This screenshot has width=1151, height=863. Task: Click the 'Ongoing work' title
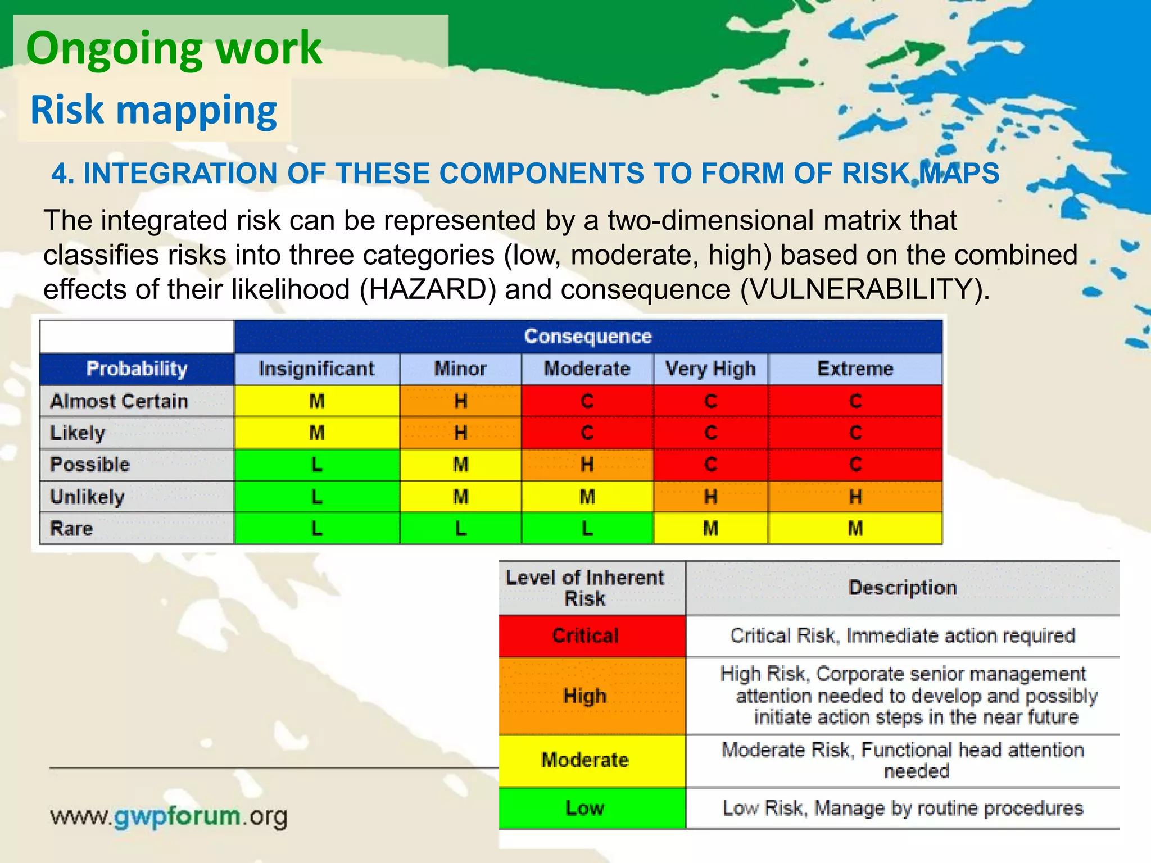(174, 48)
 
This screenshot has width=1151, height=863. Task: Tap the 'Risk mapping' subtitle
(153, 110)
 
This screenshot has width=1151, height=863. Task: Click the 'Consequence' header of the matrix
(588, 336)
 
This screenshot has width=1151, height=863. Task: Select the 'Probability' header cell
(137, 369)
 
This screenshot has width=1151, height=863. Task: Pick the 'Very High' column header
(710, 369)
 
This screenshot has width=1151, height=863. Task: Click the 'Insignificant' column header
(316, 369)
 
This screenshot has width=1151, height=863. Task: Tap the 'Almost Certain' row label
(119, 401)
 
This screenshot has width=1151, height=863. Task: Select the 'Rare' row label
(71, 528)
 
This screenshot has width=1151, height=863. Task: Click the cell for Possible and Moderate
(587, 465)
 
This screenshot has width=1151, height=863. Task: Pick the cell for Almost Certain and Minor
(460, 401)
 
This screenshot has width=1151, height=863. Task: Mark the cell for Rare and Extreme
(855, 528)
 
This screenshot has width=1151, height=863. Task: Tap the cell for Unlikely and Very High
(710, 497)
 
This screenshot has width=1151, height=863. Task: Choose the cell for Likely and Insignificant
(316, 433)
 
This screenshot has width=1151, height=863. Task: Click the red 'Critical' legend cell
(585, 635)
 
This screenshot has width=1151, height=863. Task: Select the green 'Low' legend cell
(585, 808)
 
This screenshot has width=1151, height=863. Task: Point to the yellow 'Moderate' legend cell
(585, 760)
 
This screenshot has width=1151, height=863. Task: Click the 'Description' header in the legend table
(903, 588)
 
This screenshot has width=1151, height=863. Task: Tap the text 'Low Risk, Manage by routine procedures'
(903, 808)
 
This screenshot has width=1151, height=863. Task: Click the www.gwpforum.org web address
(169, 816)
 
